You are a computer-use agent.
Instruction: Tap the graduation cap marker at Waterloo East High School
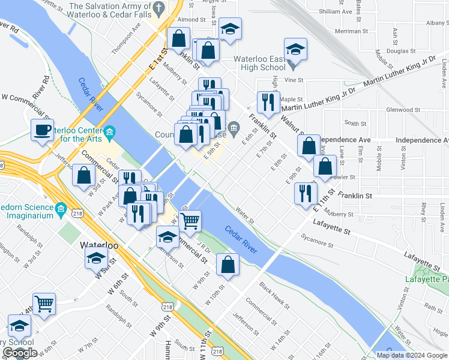pos(295,50)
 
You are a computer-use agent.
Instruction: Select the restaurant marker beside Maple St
pos(267,102)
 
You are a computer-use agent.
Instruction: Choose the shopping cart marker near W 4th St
pos(44,304)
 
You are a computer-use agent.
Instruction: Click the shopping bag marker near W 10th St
pos(228,265)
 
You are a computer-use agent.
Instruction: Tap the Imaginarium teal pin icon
pos(61,209)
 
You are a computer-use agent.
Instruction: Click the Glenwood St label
pos(403,110)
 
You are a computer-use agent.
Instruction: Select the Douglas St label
pos(401,51)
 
